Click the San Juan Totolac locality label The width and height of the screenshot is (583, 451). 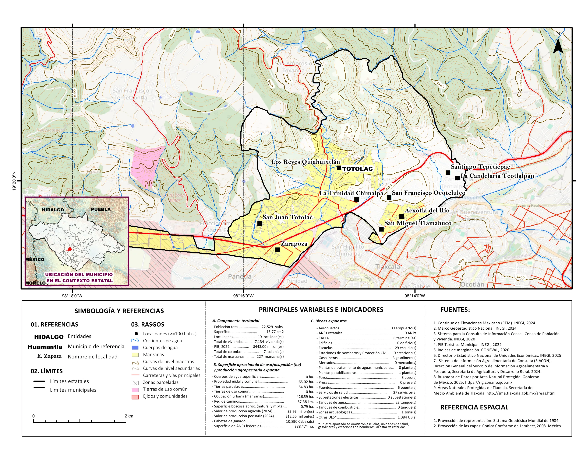pos(287,217)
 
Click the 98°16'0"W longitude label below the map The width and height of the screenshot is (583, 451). pos(243,296)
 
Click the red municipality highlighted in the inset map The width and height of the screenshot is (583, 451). pos(70,249)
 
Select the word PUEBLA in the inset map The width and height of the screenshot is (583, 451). pos(101,209)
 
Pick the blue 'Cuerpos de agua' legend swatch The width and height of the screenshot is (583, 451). pos(135,348)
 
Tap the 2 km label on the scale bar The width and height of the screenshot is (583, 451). pos(129,416)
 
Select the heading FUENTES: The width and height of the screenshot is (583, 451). pos(455,310)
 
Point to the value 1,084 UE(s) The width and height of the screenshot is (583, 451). pos(407,417)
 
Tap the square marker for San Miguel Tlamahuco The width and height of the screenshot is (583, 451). pos(381,229)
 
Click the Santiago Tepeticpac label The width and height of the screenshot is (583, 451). pos(480,167)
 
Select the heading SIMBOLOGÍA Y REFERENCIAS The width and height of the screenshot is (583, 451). pos(119,311)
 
